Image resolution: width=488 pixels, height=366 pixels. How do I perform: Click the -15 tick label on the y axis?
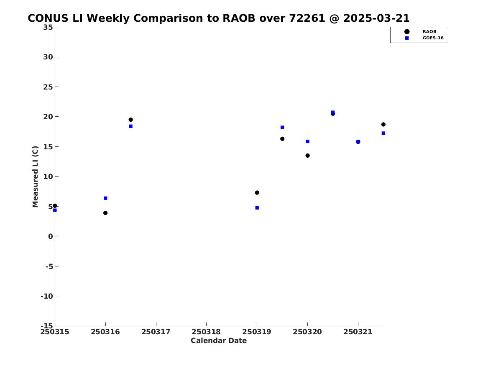click(x=47, y=325)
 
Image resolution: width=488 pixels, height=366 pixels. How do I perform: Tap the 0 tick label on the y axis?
click(x=51, y=236)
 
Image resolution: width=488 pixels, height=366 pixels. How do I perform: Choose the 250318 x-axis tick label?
click(x=206, y=332)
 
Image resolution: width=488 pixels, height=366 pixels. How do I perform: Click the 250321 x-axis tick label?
click(x=358, y=332)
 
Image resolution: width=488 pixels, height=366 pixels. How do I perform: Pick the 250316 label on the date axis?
click(x=105, y=332)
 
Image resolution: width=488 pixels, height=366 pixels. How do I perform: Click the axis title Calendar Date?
click(x=219, y=340)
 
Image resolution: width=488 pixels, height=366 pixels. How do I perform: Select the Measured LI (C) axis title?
click(x=35, y=177)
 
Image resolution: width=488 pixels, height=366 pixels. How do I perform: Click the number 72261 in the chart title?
click(x=307, y=18)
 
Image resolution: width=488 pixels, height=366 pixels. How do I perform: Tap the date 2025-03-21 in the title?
click(x=377, y=18)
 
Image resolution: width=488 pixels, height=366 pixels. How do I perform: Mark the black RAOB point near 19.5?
click(x=131, y=120)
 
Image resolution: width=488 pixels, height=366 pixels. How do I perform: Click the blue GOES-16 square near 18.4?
click(x=131, y=126)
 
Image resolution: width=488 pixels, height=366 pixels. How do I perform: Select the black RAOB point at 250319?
click(x=257, y=193)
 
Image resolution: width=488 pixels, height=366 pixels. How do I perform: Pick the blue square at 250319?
click(x=257, y=208)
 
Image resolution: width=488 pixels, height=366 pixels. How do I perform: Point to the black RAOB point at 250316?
click(x=105, y=213)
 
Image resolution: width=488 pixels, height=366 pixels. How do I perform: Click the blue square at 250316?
click(x=105, y=198)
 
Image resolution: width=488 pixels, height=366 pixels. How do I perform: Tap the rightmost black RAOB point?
click(x=383, y=125)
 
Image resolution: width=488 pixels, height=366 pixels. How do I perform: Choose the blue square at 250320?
click(x=307, y=141)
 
